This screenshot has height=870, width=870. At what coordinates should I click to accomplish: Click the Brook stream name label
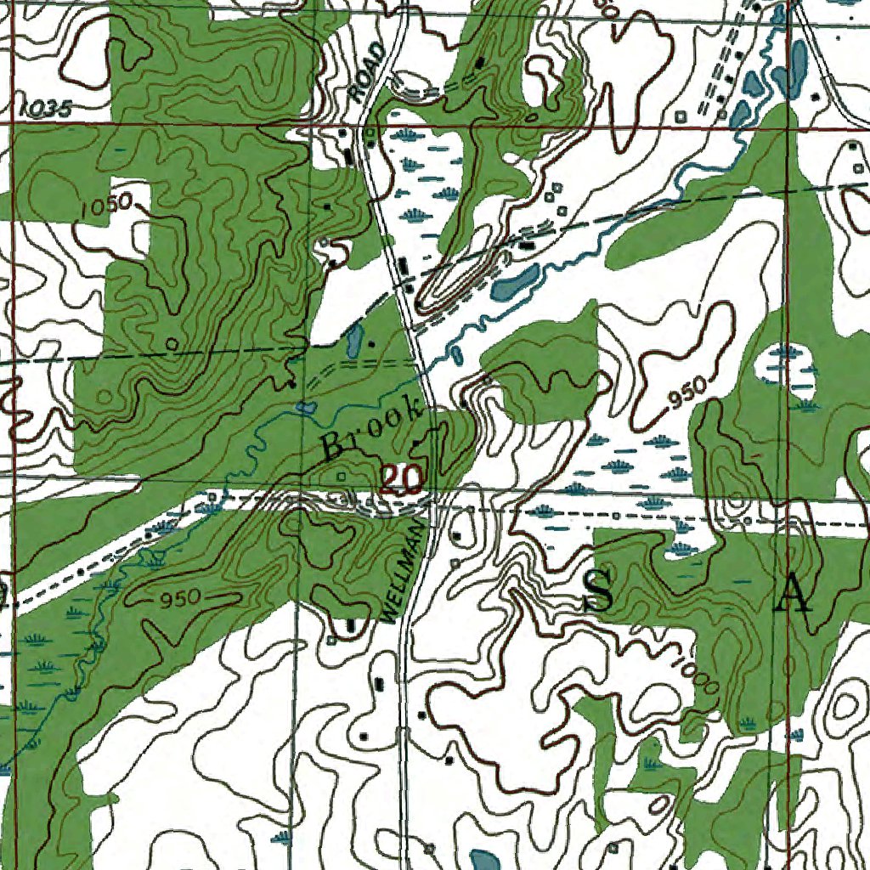[x=374, y=430]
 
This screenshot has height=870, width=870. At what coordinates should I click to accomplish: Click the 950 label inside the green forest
[x=178, y=597]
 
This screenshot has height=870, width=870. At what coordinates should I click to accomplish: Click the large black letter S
[x=599, y=592]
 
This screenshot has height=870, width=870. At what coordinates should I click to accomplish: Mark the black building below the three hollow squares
[x=528, y=245]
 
